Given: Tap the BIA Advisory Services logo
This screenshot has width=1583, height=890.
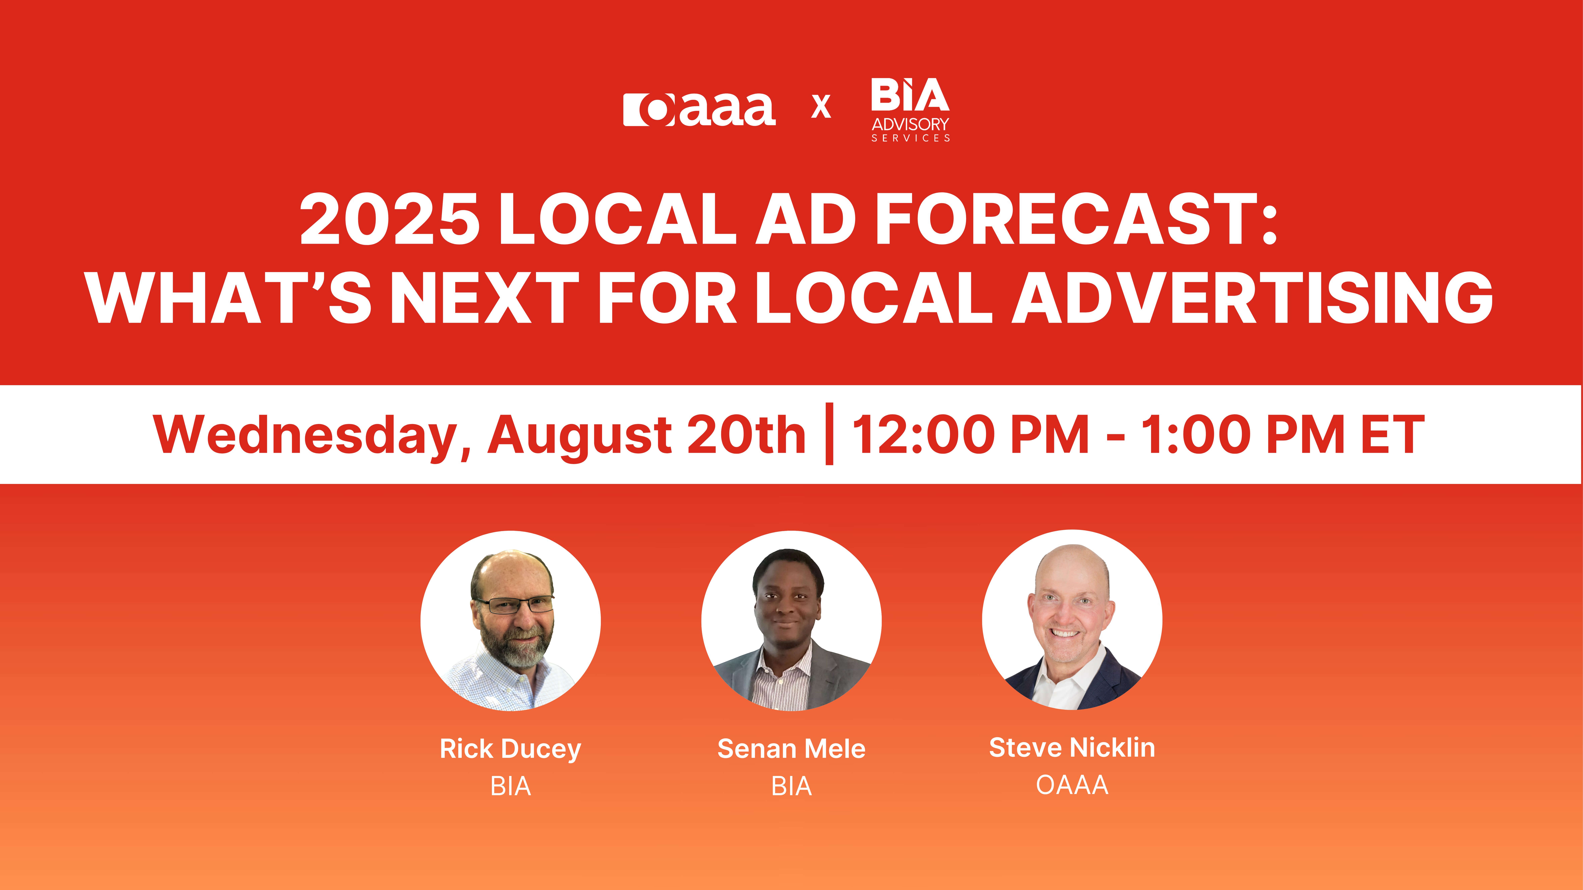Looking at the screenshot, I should pos(910,109).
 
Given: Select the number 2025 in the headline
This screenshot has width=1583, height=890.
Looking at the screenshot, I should pos(389,219).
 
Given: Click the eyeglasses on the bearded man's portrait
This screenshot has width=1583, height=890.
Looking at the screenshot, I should pos(515,605).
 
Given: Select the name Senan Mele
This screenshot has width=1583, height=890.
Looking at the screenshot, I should pos(791,749).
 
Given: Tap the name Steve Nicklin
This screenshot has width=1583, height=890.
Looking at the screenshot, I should pos(1072,747).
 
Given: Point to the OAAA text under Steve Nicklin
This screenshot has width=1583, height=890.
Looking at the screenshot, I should pos(1072,785).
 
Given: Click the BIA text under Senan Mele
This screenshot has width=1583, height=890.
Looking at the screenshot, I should pos(791,786).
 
